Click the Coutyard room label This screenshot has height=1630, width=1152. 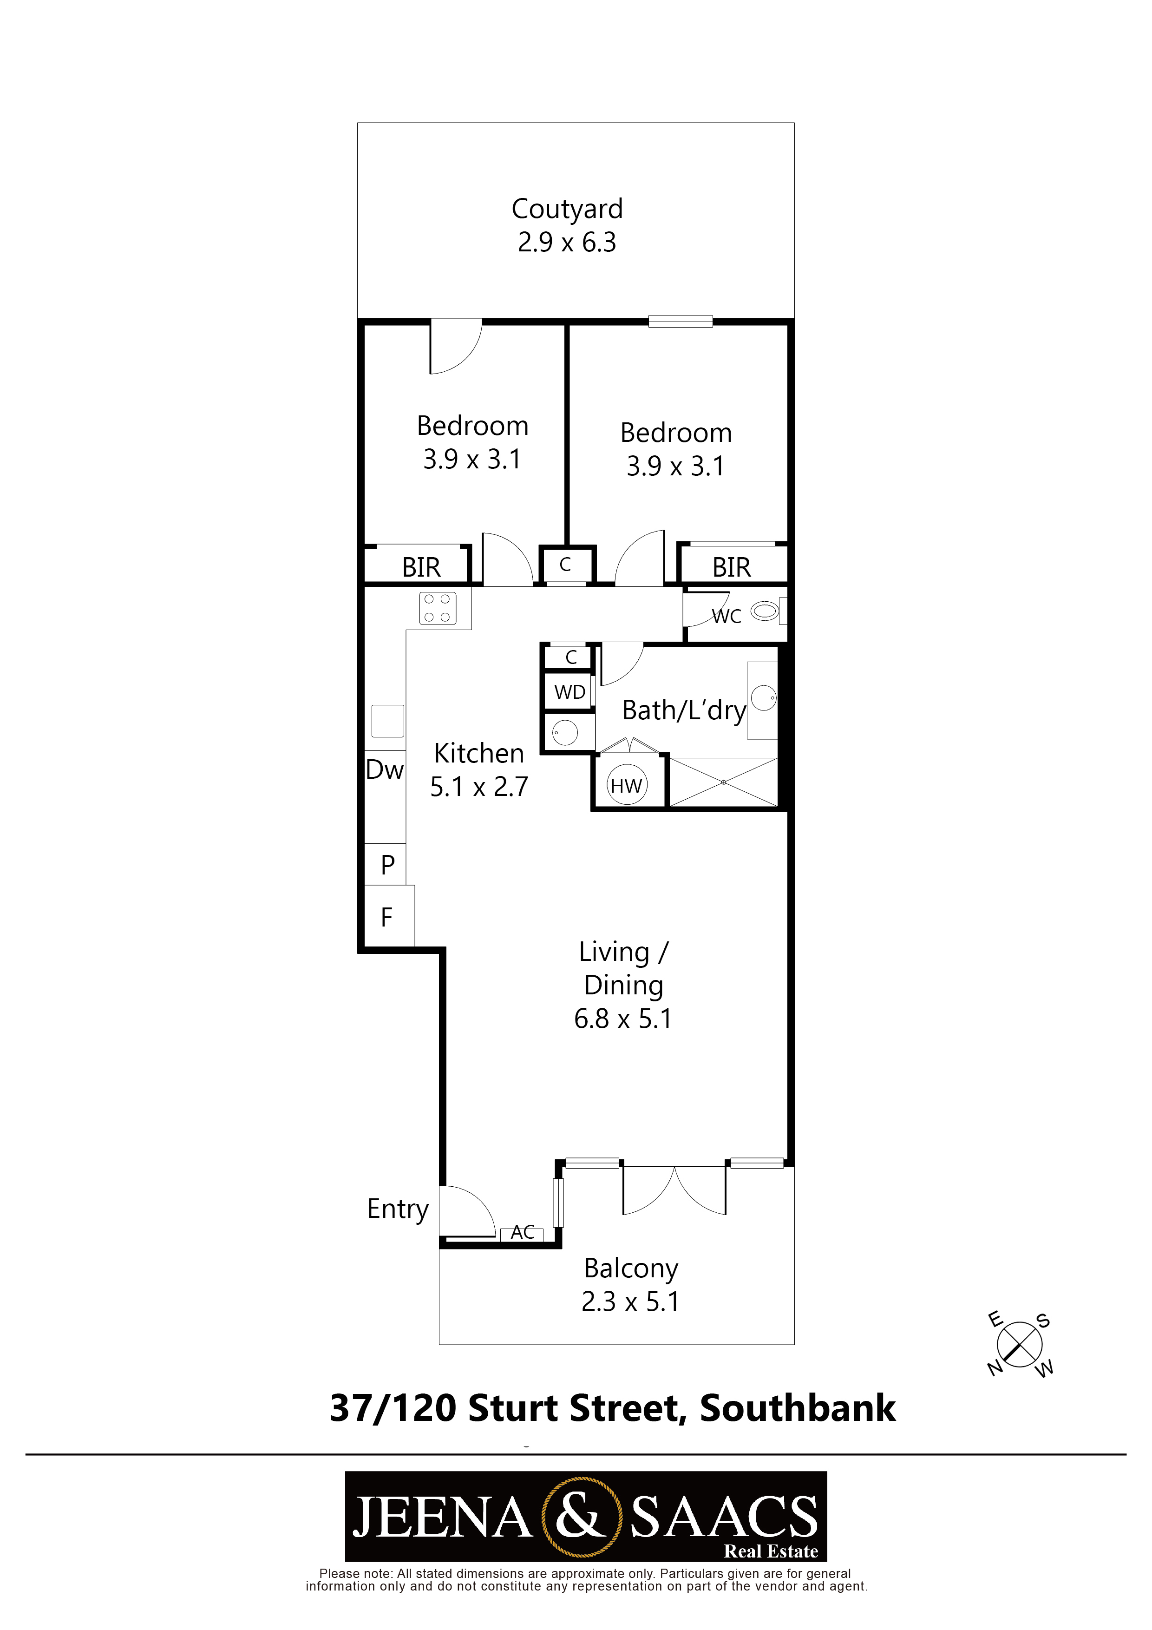click(x=567, y=209)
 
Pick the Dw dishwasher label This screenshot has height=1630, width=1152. click(x=385, y=769)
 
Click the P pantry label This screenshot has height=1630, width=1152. click(x=387, y=865)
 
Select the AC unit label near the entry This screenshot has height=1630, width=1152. click(x=523, y=1232)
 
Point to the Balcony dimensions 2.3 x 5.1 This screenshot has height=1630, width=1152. click(x=630, y=1301)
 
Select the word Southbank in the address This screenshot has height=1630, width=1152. click(x=798, y=1408)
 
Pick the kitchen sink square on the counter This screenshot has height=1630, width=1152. click(x=387, y=721)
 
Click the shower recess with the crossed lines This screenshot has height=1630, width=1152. click(x=723, y=782)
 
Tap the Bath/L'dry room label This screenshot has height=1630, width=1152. click(x=684, y=710)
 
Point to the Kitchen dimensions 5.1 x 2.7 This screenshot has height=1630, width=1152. click(x=479, y=787)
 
